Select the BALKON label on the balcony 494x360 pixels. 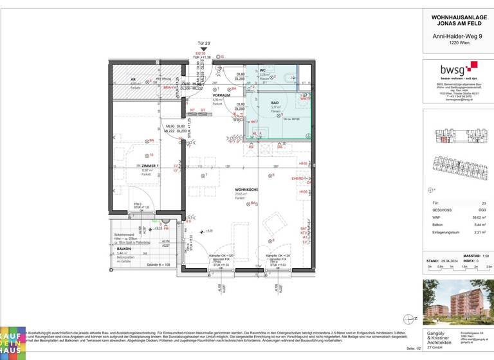click(123, 248)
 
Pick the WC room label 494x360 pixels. click(262, 70)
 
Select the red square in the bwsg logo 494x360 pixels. click(473, 65)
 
